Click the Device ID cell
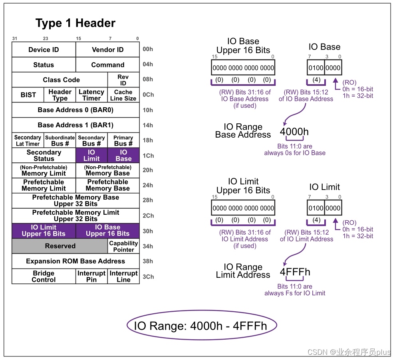(x=44, y=50)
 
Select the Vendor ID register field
(x=107, y=50)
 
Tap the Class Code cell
(x=60, y=80)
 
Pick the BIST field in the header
(x=28, y=95)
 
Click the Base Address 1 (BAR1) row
(x=75, y=125)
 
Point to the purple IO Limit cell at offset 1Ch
(x=91, y=155)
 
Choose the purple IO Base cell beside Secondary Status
(x=123, y=155)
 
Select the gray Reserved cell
(x=60, y=246)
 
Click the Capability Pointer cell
(x=123, y=246)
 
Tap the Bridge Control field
(x=44, y=276)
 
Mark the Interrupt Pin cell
(x=91, y=276)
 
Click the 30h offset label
(x=148, y=231)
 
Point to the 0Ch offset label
(x=148, y=95)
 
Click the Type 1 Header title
(x=75, y=23)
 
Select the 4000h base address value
(x=294, y=132)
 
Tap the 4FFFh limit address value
(x=295, y=272)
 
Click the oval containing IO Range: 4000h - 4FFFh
(x=202, y=326)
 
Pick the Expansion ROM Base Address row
(x=75, y=261)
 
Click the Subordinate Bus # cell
(x=60, y=140)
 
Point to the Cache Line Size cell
(x=123, y=95)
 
